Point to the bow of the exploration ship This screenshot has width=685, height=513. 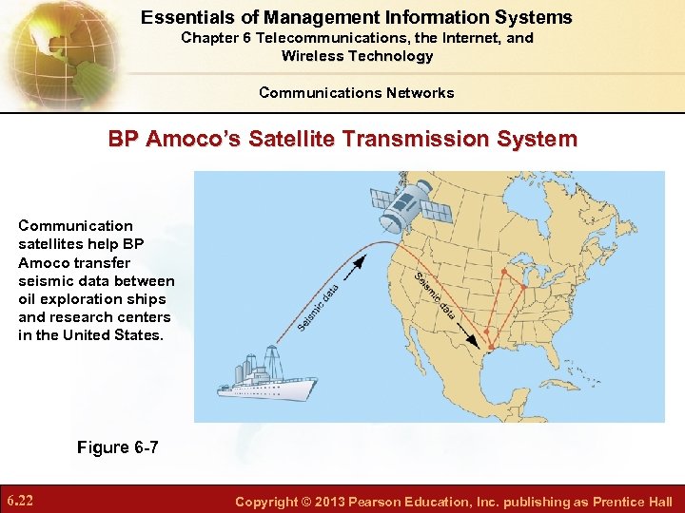coord(222,390)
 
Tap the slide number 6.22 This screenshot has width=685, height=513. coord(20,501)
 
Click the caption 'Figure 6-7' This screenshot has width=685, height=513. coord(117,447)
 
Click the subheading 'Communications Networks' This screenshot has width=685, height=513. coord(356,93)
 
